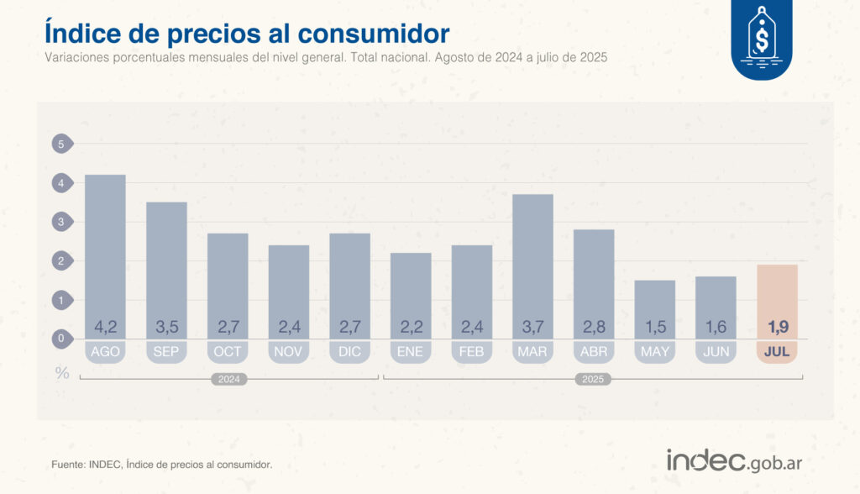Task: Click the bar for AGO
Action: click(106, 252)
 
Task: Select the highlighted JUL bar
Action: click(777, 298)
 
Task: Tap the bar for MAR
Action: click(532, 260)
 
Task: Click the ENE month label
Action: click(411, 352)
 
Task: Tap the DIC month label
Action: click(349, 352)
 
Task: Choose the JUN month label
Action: click(716, 352)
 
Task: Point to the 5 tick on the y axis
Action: click(60, 145)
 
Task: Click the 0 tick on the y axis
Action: click(60, 339)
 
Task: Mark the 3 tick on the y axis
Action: click(60, 223)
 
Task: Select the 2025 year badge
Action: click(593, 380)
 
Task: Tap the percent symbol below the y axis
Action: click(62, 373)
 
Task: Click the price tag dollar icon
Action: click(762, 38)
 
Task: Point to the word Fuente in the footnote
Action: click(68, 465)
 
